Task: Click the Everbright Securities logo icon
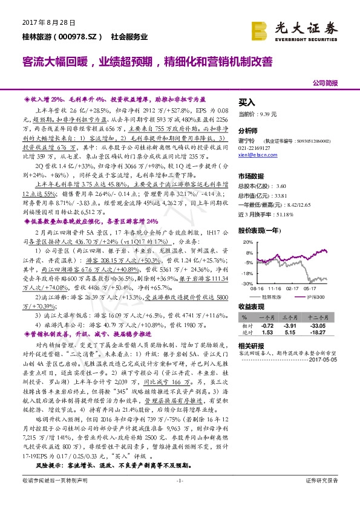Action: pos(261,29)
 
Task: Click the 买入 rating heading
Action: pos(247,103)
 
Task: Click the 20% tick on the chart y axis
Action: pos(244,244)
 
